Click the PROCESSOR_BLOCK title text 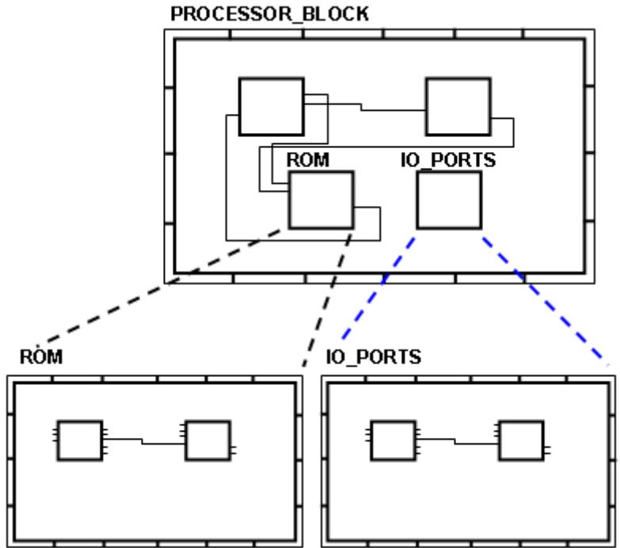click(x=269, y=16)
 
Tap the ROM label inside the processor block click(x=308, y=160)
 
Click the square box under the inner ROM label click(x=321, y=200)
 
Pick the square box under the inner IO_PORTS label click(x=449, y=200)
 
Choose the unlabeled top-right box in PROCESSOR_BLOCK click(x=458, y=106)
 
